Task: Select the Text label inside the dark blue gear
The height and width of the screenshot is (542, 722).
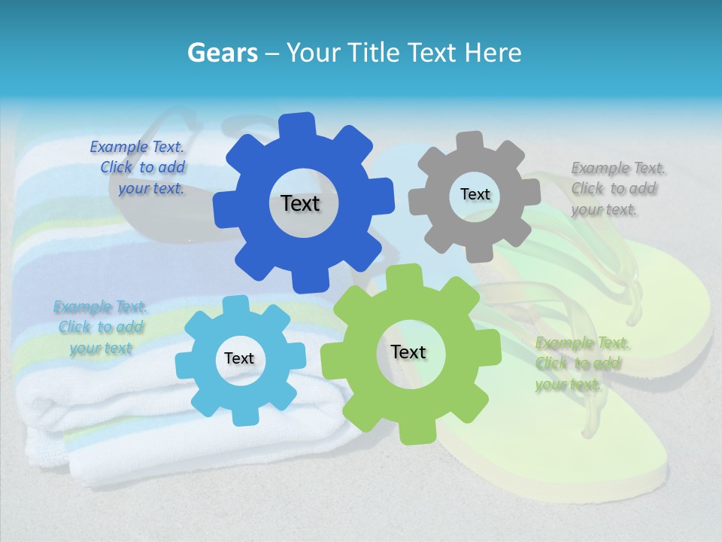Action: tap(300, 203)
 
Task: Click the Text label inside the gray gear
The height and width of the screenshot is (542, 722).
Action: tap(475, 194)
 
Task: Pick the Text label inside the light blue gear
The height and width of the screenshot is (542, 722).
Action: tap(239, 358)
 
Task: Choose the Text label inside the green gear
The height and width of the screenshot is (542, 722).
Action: tap(408, 352)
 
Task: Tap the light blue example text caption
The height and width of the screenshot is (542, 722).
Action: tap(100, 327)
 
